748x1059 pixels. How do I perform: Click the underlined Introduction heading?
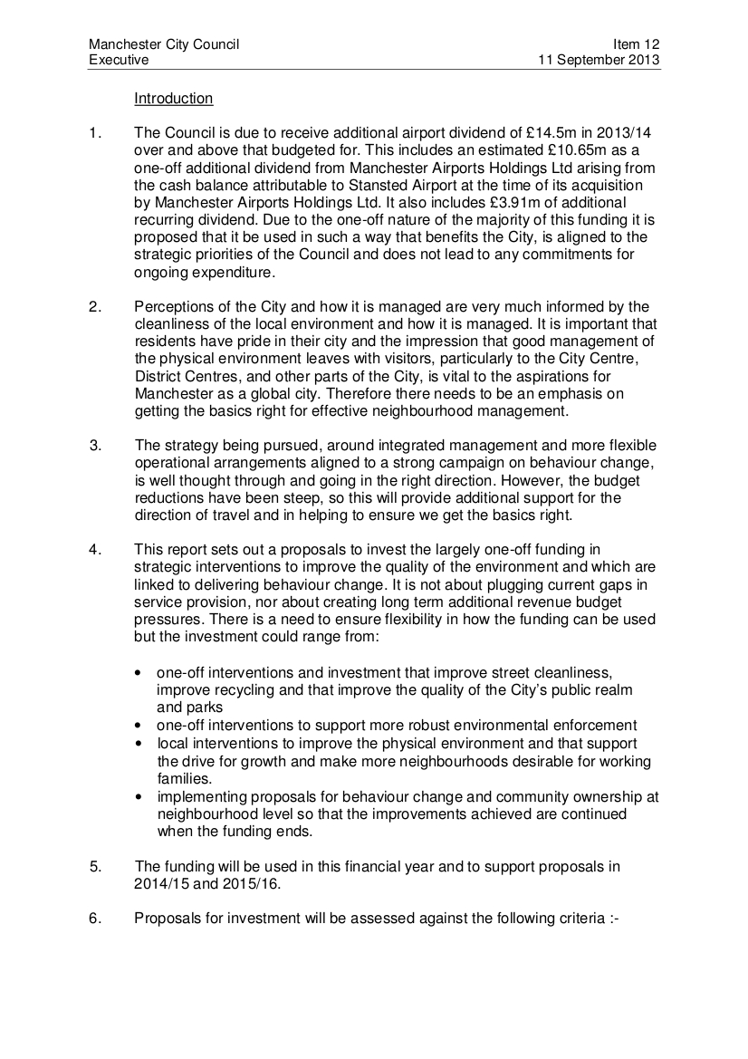[173, 98]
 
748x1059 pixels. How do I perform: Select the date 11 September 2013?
[599, 60]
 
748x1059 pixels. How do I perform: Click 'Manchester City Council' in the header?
[164, 44]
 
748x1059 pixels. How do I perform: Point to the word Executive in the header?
[119, 60]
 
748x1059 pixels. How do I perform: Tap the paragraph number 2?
[94, 306]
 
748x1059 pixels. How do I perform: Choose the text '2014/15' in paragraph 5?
[159, 883]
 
